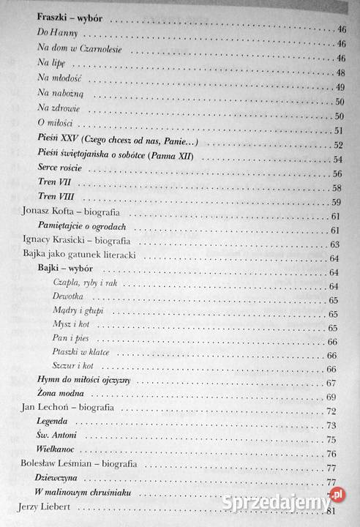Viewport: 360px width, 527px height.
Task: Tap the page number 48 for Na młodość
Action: [x=340, y=73]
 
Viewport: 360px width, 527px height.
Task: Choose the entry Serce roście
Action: [x=58, y=173]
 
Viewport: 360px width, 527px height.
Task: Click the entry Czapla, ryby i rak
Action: [x=86, y=285]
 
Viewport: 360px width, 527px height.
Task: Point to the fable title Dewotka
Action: [x=69, y=299]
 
